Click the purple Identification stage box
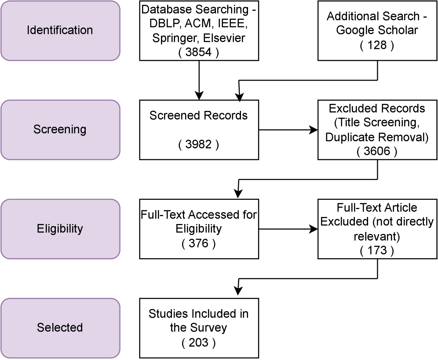[60, 30]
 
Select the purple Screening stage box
[60, 130]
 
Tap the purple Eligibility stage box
[60, 229]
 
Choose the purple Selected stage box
[60, 328]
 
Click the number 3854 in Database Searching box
[199, 52]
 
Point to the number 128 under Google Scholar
[377, 45]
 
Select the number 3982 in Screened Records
[199, 144]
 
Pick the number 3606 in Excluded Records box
[377, 151]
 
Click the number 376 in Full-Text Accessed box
[199, 243]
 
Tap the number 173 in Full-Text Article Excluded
[377, 250]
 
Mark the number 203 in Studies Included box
[199, 342]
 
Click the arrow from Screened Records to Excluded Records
[288, 130]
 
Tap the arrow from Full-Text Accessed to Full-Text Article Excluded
[288, 229]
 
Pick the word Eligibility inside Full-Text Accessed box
[199, 229]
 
